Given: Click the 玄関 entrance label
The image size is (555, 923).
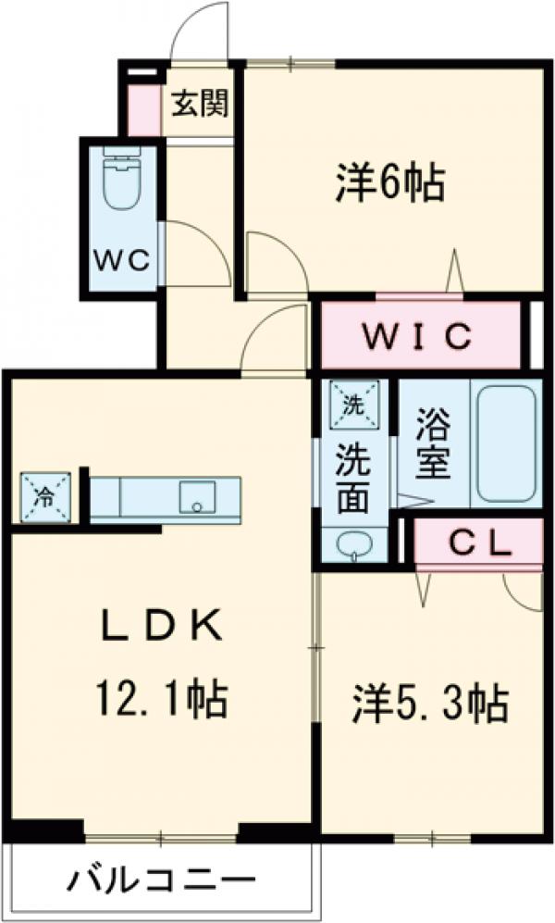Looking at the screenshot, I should click(x=199, y=104).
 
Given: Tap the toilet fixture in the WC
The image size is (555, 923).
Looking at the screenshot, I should click(x=120, y=181).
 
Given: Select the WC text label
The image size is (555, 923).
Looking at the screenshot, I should click(x=120, y=260).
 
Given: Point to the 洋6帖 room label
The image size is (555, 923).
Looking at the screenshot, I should click(x=389, y=184).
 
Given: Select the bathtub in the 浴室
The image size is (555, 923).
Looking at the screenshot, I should click(x=503, y=441).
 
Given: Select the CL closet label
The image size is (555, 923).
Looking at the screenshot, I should click(x=479, y=543).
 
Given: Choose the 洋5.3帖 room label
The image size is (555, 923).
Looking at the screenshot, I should click(x=428, y=704).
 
